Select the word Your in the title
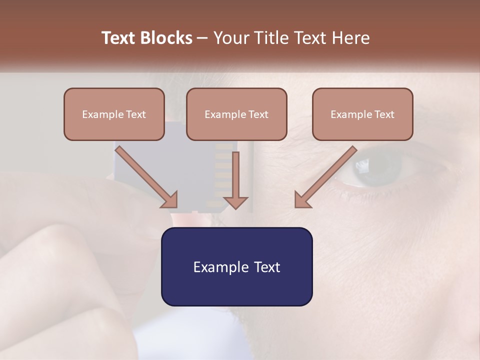(x=230, y=38)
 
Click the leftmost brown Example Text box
(x=114, y=114)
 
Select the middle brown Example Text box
(x=236, y=114)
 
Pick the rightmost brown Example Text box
(x=362, y=114)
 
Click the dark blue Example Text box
(x=236, y=266)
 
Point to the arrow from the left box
(x=147, y=176)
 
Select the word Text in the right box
(x=384, y=114)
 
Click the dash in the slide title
(x=202, y=38)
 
